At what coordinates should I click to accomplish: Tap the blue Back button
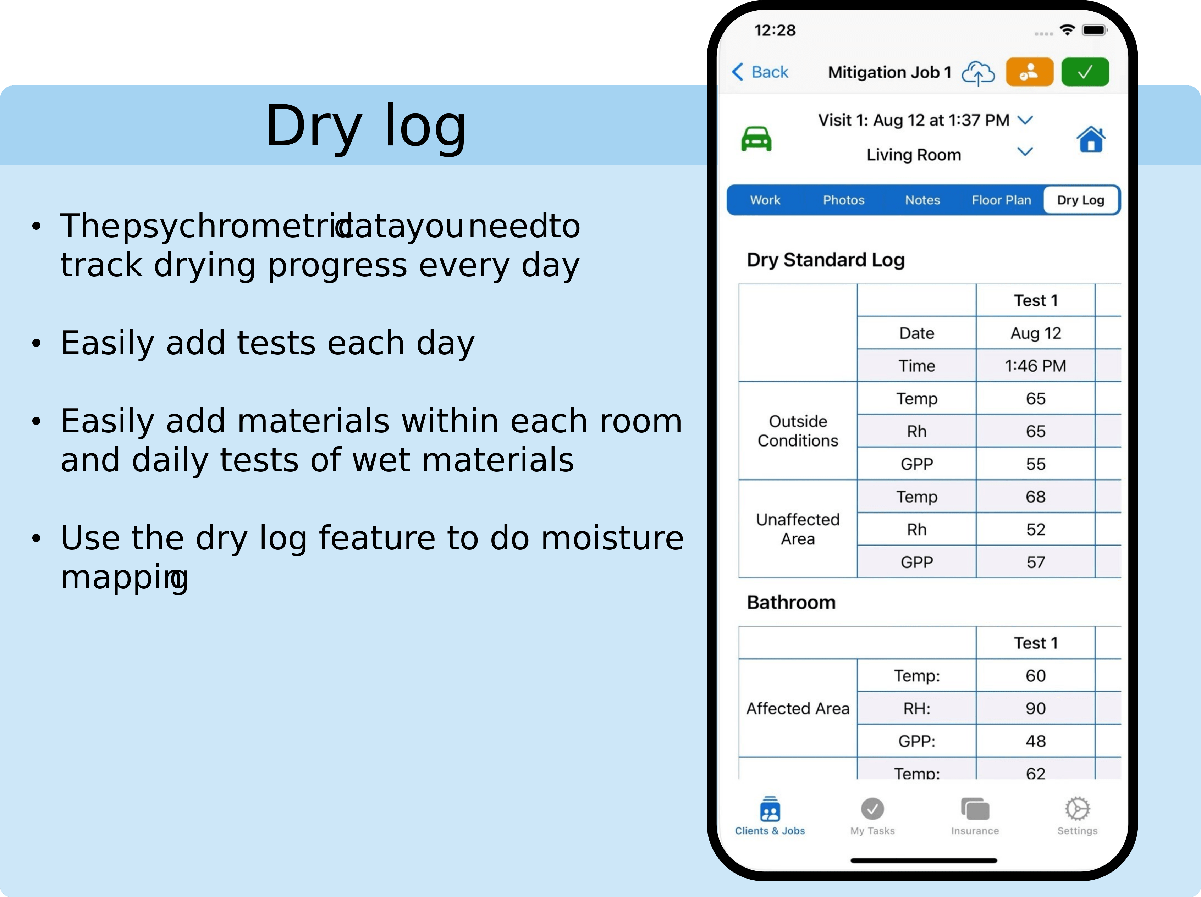(x=760, y=72)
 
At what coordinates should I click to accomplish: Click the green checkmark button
(x=1085, y=72)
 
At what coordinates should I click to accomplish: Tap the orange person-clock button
(x=1029, y=72)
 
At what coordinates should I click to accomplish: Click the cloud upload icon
(x=978, y=73)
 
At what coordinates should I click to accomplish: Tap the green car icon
(x=756, y=139)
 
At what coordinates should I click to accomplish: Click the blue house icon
(x=1091, y=139)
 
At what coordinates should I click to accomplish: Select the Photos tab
(x=843, y=200)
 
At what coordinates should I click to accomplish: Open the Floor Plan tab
(x=1001, y=200)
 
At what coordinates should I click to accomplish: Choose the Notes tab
(x=922, y=200)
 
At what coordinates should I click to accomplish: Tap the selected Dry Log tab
(x=1080, y=200)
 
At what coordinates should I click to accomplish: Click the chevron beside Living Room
(x=1025, y=151)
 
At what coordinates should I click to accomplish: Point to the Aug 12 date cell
(x=1035, y=333)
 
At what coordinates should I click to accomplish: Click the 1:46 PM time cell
(x=1035, y=366)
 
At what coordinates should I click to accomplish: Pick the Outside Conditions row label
(x=798, y=431)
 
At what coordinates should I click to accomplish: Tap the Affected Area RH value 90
(x=1035, y=708)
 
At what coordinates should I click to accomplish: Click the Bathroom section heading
(x=791, y=602)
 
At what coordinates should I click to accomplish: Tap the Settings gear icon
(x=1077, y=809)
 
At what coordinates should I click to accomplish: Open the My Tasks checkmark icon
(x=872, y=809)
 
